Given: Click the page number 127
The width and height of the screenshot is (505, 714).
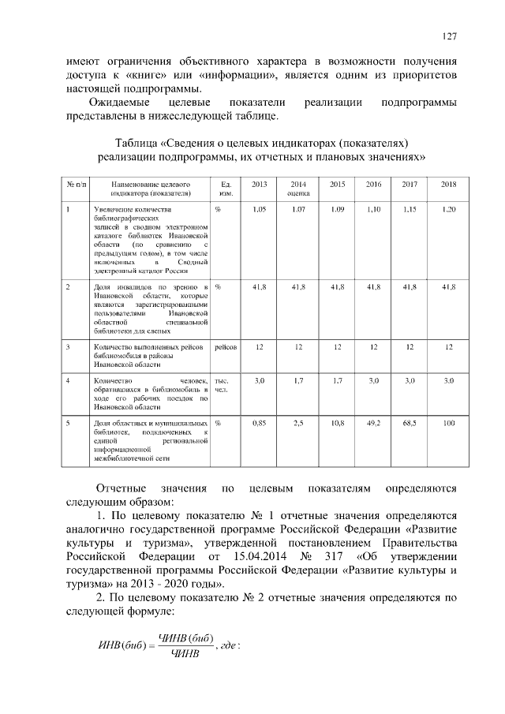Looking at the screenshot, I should click(450, 36).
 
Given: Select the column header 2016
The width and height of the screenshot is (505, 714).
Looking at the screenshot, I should click(373, 185).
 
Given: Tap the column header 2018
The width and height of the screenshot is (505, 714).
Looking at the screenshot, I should click(448, 185).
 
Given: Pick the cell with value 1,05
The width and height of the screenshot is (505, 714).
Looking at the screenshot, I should click(259, 209).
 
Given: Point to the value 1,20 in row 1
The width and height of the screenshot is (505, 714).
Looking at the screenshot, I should click(448, 209).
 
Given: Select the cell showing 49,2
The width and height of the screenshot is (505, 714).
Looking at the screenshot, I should click(373, 424).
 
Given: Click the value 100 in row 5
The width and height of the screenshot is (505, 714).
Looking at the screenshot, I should click(448, 424).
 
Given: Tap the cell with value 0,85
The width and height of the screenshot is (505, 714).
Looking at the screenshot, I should click(259, 424).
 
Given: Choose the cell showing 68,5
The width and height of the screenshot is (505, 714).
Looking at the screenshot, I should click(410, 424).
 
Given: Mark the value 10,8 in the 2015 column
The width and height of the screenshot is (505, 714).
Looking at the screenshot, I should click(337, 424).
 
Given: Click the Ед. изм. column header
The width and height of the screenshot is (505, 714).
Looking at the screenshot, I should click(225, 189).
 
